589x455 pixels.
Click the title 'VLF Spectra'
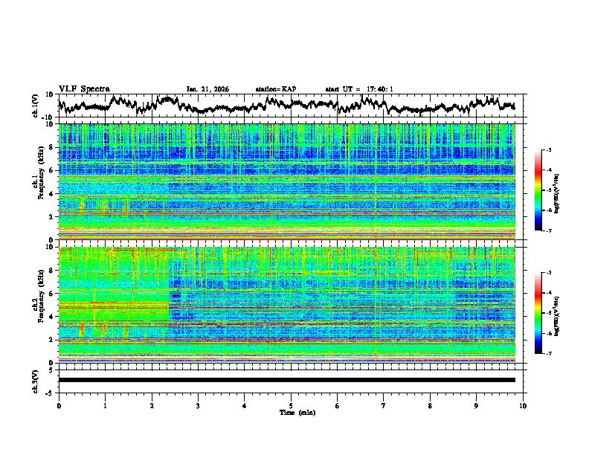[x=84, y=88]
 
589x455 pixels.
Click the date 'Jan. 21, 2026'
[x=207, y=89]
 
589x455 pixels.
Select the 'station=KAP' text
[x=275, y=89]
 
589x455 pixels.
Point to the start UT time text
[x=359, y=89]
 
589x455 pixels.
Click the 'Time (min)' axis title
[x=297, y=412]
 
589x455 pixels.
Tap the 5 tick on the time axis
[x=291, y=405]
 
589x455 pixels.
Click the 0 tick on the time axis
[x=59, y=405]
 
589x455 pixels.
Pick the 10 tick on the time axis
[x=523, y=405]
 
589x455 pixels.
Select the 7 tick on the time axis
[x=384, y=405]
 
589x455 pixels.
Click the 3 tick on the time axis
[x=198, y=405]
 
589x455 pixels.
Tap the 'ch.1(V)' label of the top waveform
[x=36, y=106]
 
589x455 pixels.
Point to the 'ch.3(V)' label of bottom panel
[x=36, y=380]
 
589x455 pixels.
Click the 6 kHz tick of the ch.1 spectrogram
[x=52, y=170]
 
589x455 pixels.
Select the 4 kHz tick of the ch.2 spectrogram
[x=52, y=316]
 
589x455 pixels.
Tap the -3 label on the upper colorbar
[x=548, y=150]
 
